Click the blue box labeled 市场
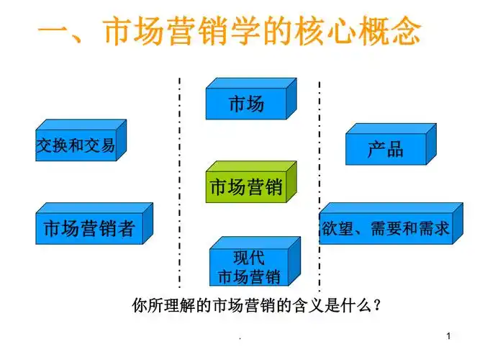[246, 103]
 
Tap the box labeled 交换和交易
[76, 146]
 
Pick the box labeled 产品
[386, 149]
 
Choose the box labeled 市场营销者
[89, 229]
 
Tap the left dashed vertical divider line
[179, 180]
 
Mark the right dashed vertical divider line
[319, 180]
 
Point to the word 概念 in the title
[391, 32]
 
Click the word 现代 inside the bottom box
[249, 258]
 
